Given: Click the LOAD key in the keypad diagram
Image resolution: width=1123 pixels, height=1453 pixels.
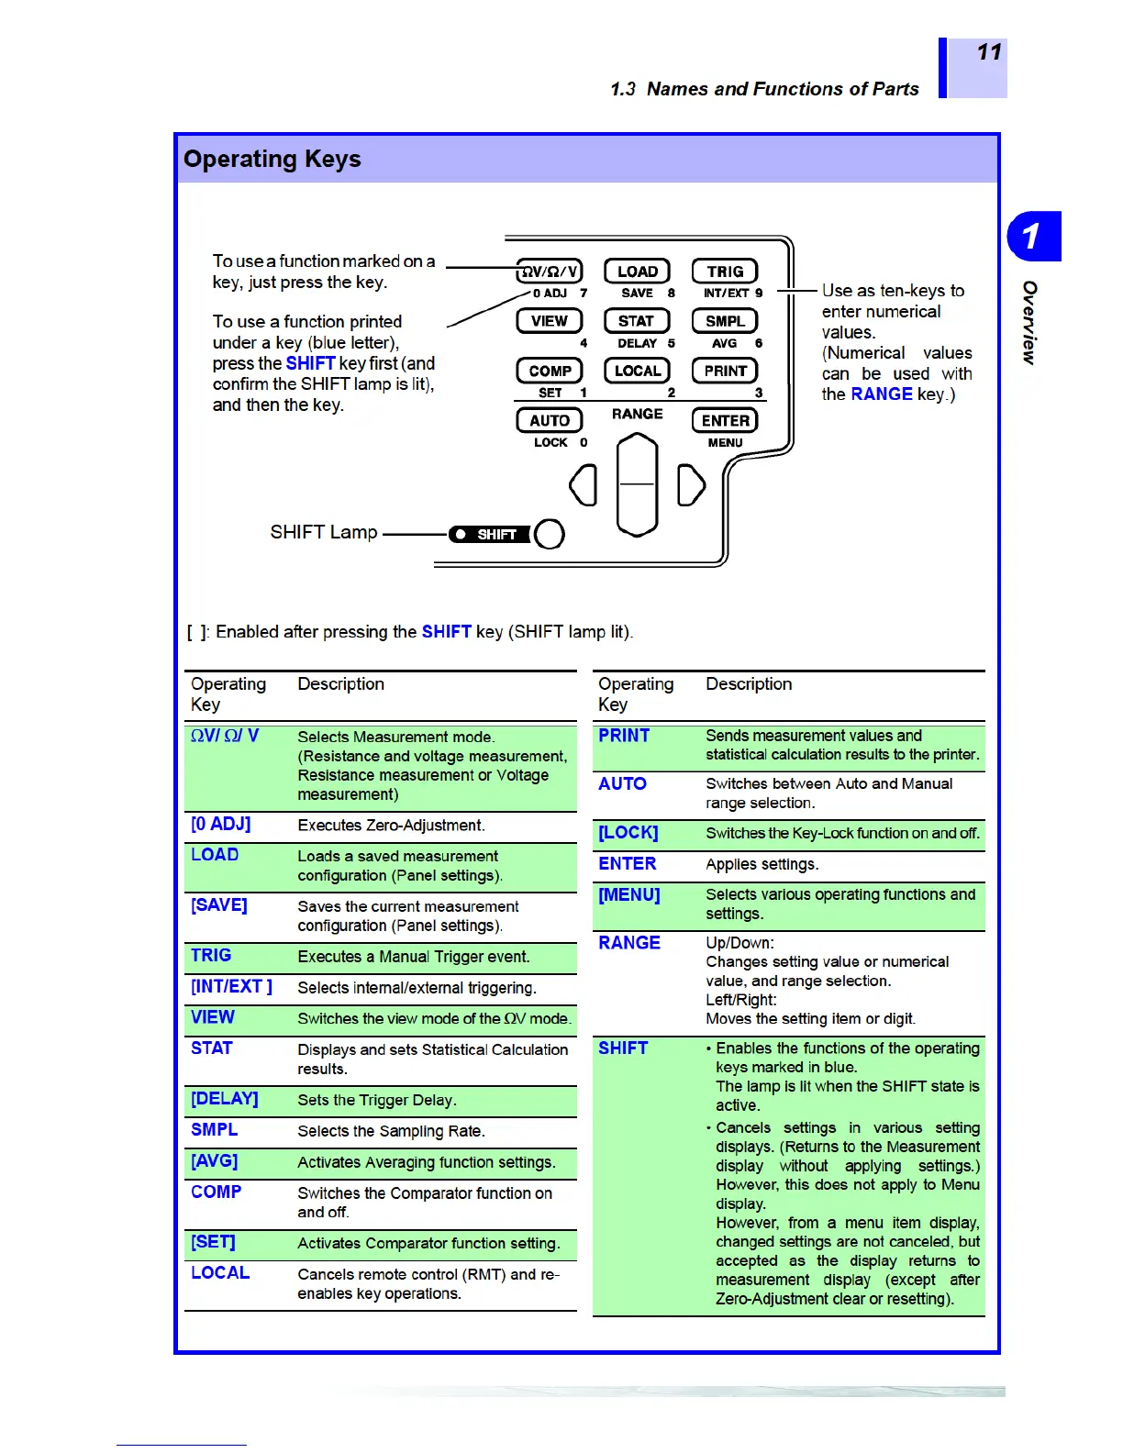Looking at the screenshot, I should (637, 272).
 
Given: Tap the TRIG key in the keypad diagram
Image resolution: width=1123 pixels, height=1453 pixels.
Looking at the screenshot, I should (725, 272).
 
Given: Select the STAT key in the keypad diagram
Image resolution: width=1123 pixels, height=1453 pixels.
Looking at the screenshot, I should (637, 321).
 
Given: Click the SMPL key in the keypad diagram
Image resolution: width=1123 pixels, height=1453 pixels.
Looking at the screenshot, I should (725, 321).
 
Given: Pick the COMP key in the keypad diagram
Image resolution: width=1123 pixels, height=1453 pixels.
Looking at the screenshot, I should (550, 371).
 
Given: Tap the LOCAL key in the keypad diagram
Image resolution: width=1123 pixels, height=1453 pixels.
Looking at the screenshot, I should (637, 371).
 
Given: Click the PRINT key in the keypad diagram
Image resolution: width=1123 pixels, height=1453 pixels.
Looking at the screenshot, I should (725, 371).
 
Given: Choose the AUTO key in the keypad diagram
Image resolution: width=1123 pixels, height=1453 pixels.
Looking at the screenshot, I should (550, 420).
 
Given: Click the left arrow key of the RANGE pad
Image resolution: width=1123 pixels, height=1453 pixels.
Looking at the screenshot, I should (584, 484).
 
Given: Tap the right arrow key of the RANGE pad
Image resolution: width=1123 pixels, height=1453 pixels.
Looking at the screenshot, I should (691, 485).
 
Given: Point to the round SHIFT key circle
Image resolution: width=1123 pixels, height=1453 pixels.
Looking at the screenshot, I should (549, 534).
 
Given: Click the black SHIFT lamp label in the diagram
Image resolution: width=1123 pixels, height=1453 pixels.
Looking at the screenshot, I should (489, 534).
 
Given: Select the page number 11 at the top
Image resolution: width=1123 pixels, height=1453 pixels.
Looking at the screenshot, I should (989, 52).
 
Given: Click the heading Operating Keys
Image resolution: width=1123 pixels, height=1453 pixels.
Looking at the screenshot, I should (272, 159).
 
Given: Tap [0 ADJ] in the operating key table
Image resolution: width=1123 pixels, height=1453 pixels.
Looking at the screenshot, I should (220, 824).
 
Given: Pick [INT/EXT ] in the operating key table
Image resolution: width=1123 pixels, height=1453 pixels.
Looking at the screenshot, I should (231, 986).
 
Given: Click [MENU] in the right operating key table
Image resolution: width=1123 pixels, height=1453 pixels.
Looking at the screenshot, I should (629, 894).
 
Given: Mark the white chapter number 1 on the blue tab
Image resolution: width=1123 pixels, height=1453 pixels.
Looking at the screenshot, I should (1031, 236).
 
